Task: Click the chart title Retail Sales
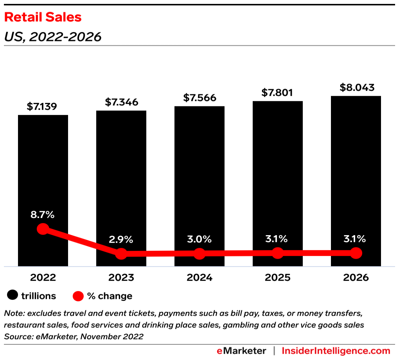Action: tap(43, 17)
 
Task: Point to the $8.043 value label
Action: tap(356, 87)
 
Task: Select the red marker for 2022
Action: tap(43, 229)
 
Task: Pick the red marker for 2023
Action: tap(121, 254)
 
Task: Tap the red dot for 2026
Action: tap(356, 253)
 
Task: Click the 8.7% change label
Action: tap(43, 214)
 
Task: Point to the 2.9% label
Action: tap(121, 239)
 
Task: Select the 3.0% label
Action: tap(199, 239)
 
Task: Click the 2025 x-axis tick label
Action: tap(277, 277)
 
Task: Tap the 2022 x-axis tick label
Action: tap(43, 277)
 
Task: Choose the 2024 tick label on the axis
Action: tap(199, 277)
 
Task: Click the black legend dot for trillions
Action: tap(13, 296)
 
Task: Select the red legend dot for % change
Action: tap(78, 296)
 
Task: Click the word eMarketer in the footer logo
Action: tap(241, 351)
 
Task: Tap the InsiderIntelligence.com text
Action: tap(336, 351)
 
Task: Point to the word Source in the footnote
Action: tap(16, 337)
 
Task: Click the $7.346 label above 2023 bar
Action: tap(121, 102)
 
